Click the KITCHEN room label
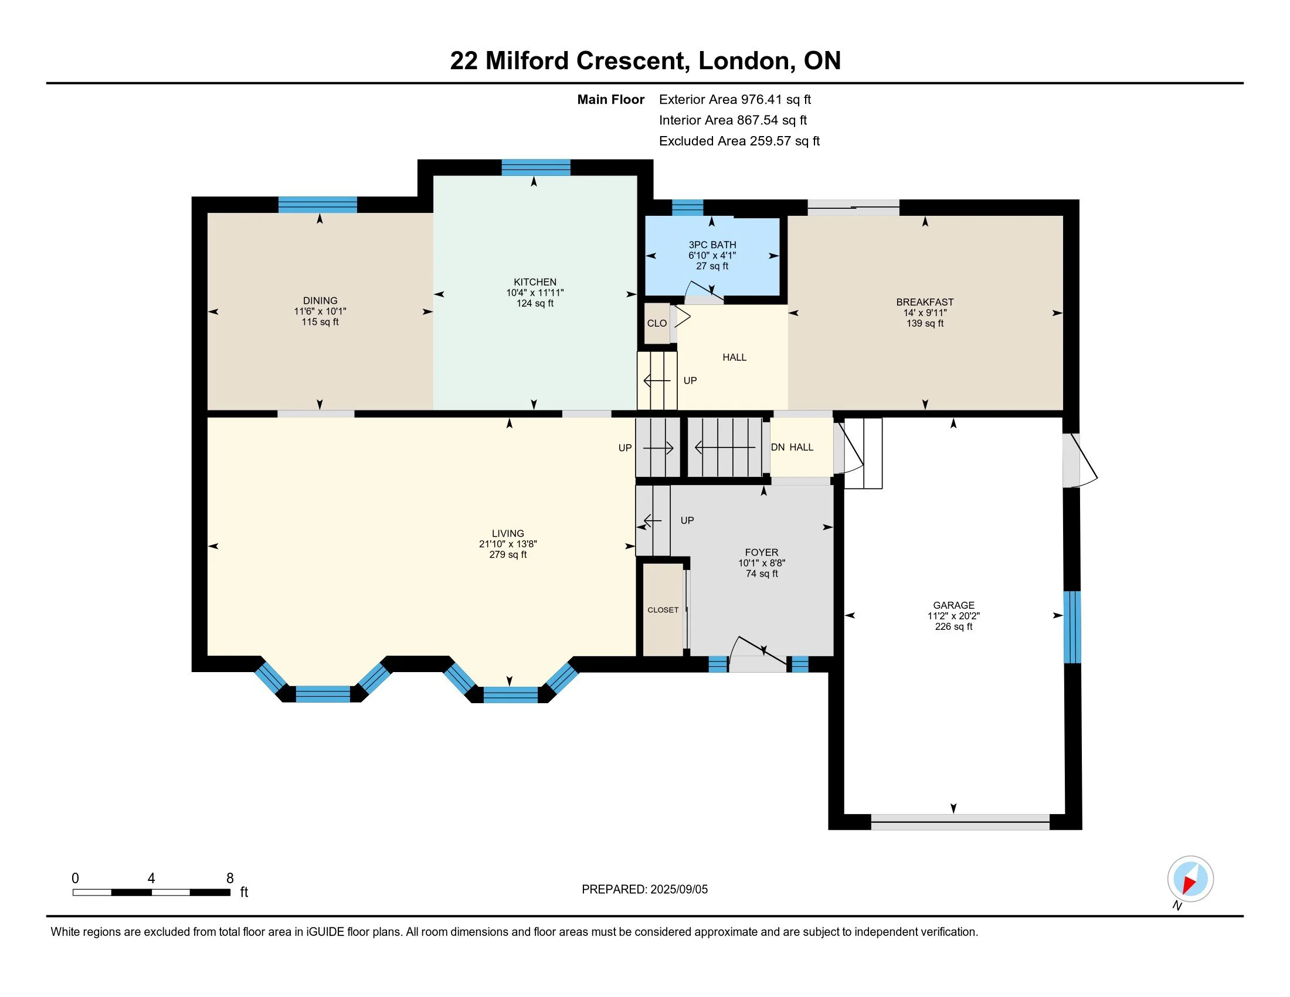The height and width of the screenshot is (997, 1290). pos(535,282)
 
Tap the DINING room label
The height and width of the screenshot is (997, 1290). pos(320,301)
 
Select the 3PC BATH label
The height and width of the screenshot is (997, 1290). pos(712,245)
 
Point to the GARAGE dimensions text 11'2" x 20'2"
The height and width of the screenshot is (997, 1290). pos(953,615)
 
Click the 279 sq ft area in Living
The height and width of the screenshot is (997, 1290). pos(508,555)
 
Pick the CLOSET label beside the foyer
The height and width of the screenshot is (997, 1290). pos(663,609)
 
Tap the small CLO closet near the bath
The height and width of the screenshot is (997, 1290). pos(657,323)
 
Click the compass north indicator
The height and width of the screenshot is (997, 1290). pos(1190,879)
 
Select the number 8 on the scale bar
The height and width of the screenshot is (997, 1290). pos(230,879)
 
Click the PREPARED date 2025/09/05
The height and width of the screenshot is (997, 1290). pos(678,890)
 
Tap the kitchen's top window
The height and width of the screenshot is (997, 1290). pos(536,168)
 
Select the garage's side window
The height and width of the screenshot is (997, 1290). pos(1072,628)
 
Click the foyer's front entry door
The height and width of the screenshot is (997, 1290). pos(758,655)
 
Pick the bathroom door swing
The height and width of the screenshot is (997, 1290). pos(703,293)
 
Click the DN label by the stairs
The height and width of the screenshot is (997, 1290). pos(778,447)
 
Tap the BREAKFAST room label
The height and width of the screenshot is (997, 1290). pos(925,302)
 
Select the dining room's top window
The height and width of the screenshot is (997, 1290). pos(318,204)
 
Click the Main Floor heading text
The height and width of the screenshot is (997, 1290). pos(611,99)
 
